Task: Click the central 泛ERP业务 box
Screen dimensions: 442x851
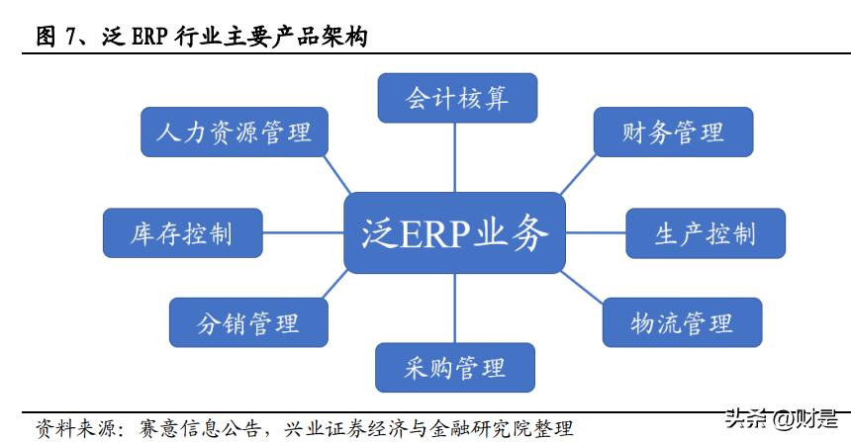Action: pos(454,232)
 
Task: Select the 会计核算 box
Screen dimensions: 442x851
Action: pos(456,99)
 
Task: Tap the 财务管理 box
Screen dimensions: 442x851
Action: pos(673,132)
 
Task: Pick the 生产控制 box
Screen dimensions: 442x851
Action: pos(705,233)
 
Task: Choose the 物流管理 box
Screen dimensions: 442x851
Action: pos(682,322)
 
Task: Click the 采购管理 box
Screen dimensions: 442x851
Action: pos(455,368)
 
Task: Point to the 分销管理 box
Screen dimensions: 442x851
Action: pos(247,322)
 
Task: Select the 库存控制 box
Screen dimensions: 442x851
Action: pos(182,233)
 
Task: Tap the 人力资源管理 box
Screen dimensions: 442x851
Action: pos(234,132)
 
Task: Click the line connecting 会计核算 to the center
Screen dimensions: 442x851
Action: pos(455,157)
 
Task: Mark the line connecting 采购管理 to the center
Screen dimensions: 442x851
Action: pos(455,308)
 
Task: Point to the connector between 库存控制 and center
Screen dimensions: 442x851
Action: pos(303,233)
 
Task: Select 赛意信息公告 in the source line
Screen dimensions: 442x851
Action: pos(185,428)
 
